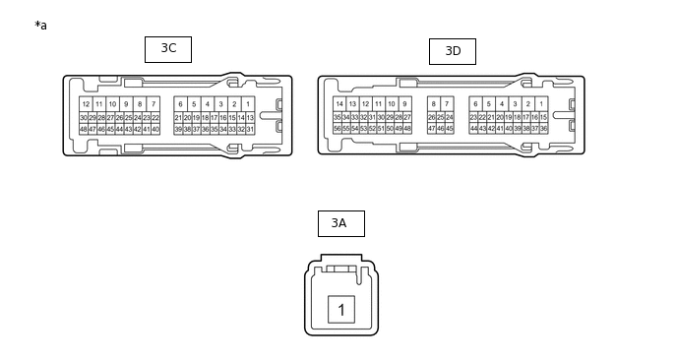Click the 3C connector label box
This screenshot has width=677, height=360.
click(168, 49)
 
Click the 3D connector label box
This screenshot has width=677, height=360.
click(453, 52)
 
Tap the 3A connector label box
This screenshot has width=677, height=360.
click(341, 223)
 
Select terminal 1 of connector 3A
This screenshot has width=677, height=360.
click(341, 310)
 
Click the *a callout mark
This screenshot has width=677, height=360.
click(40, 26)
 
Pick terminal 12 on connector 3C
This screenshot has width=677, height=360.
click(86, 104)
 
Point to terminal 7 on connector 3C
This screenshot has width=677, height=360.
click(154, 104)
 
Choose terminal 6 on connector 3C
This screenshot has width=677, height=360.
click(180, 104)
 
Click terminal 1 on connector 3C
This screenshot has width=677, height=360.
click(248, 104)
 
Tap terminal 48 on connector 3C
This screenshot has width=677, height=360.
click(84, 129)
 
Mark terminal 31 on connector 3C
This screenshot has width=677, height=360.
click(250, 129)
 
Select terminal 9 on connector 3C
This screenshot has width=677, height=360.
click(126, 104)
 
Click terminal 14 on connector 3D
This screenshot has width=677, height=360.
click(339, 104)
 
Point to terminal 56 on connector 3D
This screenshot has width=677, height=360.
click(338, 129)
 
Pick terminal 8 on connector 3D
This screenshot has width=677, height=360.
click(434, 104)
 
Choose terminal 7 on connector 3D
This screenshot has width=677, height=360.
click(447, 104)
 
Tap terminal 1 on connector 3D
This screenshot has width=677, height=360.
click(541, 104)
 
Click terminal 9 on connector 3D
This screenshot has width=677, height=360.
click(404, 104)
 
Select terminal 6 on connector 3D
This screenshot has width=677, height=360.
click(476, 104)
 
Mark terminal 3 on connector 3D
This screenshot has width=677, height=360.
click(515, 104)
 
